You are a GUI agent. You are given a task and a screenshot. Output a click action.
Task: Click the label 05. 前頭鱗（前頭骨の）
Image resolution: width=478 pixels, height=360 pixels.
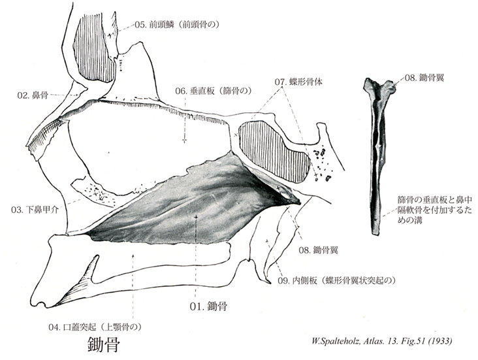click(177, 25)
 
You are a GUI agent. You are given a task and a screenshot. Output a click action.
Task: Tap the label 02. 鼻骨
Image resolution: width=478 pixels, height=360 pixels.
click(33, 95)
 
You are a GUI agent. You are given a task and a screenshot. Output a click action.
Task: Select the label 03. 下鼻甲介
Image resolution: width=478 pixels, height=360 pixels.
click(34, 210)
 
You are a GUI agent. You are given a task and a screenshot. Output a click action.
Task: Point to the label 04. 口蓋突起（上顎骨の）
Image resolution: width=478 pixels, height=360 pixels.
click(95, 327)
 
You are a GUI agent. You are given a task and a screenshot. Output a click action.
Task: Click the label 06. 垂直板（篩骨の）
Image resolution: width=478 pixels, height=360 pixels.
click(214, 91)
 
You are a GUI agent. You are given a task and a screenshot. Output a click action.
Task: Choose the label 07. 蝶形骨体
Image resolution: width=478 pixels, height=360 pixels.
click(298, 82)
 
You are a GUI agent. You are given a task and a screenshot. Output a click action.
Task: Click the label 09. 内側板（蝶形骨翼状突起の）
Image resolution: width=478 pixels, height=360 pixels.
click(337, 280)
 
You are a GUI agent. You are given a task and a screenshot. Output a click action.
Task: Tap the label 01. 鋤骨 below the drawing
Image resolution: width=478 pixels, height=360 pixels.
click(208, 306)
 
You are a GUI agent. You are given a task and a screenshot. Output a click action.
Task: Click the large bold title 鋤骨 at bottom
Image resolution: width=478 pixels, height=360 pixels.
click(104, 344)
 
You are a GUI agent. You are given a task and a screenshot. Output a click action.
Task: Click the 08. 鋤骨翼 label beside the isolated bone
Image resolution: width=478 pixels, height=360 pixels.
click(424, 78)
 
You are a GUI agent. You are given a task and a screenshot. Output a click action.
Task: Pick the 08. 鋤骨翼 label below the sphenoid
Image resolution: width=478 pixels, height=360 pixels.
click(318, 250)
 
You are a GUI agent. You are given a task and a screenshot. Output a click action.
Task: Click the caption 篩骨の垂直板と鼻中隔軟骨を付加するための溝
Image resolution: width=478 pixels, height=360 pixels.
click(434, 210)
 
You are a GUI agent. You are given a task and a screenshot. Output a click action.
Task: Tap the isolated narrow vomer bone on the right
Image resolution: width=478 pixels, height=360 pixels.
click(377, 155)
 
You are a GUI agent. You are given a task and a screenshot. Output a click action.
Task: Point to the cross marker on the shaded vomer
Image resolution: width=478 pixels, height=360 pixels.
click(196, 217)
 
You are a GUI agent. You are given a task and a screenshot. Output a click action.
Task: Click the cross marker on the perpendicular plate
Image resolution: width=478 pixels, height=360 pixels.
click(184, 140)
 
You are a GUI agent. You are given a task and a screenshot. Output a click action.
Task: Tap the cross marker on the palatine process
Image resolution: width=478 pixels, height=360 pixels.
click(133, 255)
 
